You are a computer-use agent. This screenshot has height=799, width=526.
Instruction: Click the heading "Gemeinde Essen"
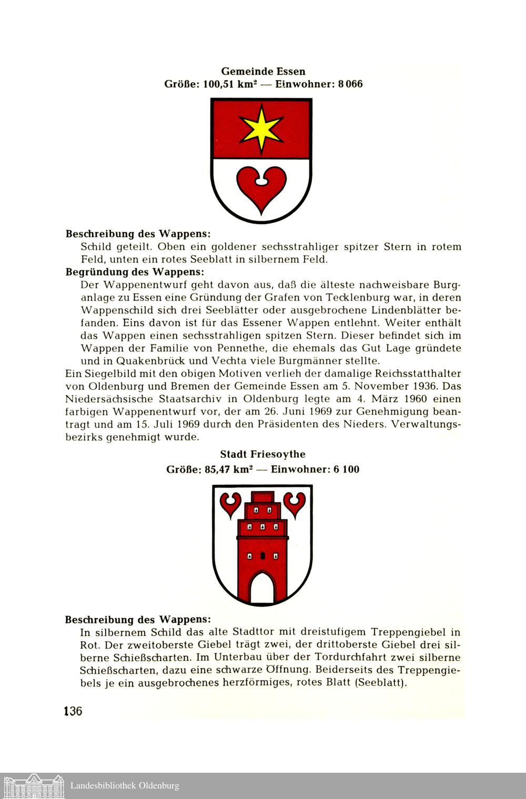click(263, 71)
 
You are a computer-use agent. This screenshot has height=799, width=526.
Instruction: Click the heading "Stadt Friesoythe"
click(262, 454)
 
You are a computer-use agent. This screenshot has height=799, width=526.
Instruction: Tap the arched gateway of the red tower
click(262, 588)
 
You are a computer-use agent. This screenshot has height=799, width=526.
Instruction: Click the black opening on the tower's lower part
click(262, 555)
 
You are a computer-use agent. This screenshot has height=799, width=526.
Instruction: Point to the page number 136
click(73, 711)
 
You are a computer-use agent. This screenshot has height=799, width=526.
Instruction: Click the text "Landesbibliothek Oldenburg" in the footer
click(125, 786)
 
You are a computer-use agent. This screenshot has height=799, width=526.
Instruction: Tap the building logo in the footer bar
click(33, 786)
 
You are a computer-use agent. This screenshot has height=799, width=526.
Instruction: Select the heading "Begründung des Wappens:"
click(134, 272)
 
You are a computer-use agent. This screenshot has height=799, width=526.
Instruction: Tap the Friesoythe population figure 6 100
click(346, 469)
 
